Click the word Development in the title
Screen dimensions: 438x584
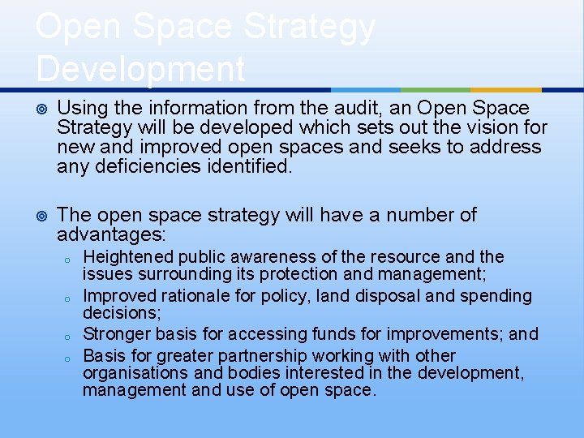coord(140,68)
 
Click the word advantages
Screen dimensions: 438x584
coord(110,234)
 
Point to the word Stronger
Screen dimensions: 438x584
coord(114,333)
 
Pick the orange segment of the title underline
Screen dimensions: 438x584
coord(506,89)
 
